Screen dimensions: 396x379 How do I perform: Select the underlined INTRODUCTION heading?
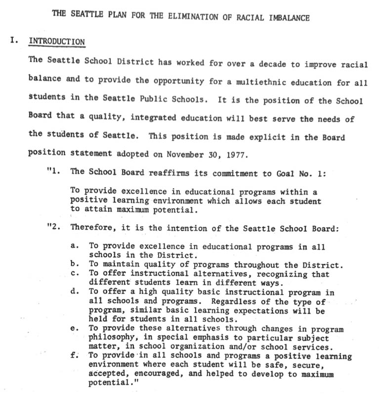[56, 42]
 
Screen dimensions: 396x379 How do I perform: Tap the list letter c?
[74, 273]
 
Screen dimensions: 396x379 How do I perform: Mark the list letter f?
[74, 355]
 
